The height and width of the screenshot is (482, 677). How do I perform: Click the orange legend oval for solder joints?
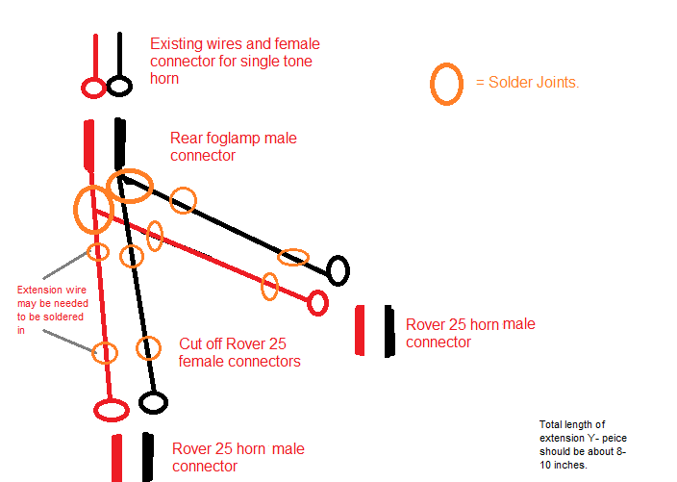432,85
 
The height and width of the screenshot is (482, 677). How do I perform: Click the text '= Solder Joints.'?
527,82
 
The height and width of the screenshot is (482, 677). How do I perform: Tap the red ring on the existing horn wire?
83,89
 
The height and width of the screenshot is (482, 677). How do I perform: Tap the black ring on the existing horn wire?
108,86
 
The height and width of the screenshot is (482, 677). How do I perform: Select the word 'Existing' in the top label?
176,43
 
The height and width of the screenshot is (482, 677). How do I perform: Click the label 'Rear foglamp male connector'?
233,146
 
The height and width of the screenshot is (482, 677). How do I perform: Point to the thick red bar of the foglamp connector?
88,144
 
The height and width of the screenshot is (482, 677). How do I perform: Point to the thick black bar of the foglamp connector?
120,143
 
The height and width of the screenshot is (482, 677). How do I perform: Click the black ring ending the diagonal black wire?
329,270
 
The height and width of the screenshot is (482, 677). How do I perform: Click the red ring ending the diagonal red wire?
309,303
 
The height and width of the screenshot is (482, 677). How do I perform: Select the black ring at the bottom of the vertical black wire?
139,402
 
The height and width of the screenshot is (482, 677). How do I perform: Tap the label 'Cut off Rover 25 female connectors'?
239,352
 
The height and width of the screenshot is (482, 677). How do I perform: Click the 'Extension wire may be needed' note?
52,310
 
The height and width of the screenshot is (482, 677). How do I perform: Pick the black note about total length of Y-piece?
583,444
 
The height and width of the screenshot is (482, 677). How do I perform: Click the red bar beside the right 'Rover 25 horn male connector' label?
360,330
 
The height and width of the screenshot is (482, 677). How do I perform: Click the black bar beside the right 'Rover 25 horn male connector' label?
389,331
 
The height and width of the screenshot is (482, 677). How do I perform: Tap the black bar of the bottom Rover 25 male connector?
148,457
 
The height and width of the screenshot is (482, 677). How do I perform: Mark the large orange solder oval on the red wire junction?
75,210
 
